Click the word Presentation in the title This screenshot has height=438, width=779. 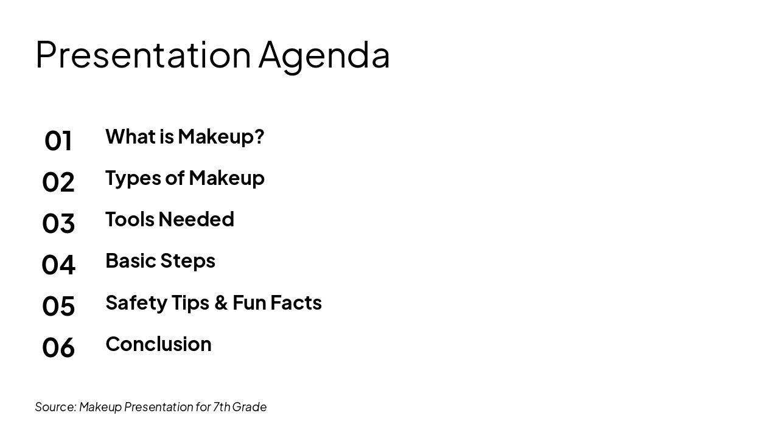143,55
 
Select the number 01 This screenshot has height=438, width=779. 58,141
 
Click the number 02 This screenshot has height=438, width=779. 58,182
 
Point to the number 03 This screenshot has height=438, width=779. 58,223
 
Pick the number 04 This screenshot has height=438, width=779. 58,265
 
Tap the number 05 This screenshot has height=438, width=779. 58,306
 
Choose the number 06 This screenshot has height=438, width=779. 58,347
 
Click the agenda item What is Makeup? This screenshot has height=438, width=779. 184,136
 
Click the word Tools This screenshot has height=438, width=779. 130,219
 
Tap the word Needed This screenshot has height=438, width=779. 196,219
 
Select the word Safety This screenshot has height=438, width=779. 136,302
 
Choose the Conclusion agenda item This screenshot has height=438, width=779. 158,344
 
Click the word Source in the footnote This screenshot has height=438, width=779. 55,407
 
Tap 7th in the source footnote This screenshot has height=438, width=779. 222,407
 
